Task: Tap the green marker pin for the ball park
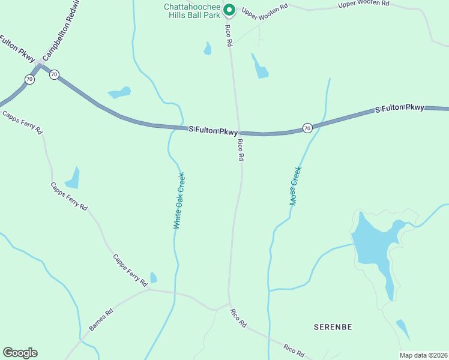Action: [x=229, y=9]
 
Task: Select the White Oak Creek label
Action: [x=179, y=200]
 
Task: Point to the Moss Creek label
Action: [x=295, y=186]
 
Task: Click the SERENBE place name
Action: [x=333, y=327]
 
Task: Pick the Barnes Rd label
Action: [x=101, y=320]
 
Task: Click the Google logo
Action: [x=20, y=353]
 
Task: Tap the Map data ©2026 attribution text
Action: [x=423, y=355]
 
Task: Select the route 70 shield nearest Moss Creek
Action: [x=307, y=128]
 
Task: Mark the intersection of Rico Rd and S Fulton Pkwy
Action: [x=239, y=132]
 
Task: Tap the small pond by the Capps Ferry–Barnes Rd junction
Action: [x=154, y=278]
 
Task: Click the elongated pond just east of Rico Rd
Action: [x=261, y=68]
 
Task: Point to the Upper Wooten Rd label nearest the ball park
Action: [x=265, y=13]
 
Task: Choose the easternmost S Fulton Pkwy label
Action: [x=399, y=109]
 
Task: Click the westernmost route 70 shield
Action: [x=29, y=79]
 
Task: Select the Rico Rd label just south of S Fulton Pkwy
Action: [x=241, y=149]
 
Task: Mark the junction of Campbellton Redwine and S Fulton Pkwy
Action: [x=40, y=63]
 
